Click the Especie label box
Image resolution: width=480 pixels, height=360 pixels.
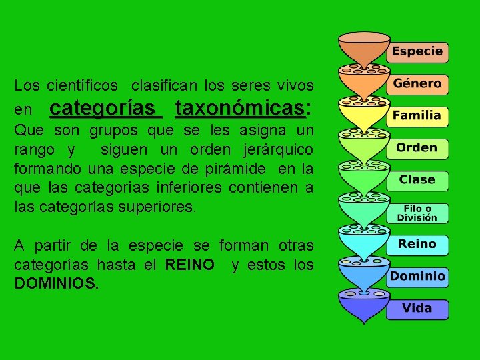pyautogui.click(x=417, y=51)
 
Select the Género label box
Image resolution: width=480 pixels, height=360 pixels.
pyautogui.click(x=417, y=84)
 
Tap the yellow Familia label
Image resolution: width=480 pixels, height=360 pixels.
pyautogui.click(x=417, y=116)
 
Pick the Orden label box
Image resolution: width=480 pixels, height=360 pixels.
pyautogui.click(x=417, y=148)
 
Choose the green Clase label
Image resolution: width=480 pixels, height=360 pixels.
pyautogui.click(x=417, y=180)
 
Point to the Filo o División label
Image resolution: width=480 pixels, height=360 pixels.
pyautogui.click(x=417, y=213)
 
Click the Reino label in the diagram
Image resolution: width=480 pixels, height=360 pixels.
pyautogui.click(x=417, y=245)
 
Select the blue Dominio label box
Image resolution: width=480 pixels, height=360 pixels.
pyautogui.click(x=417, y=277)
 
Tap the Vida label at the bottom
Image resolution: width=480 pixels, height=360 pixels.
pyautogui.click(x=417, y=309)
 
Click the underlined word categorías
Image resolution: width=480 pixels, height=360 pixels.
pyautogui.click(x=105, y=107)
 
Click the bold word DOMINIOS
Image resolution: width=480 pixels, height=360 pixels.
pyautogui.click(x=56, y=283)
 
